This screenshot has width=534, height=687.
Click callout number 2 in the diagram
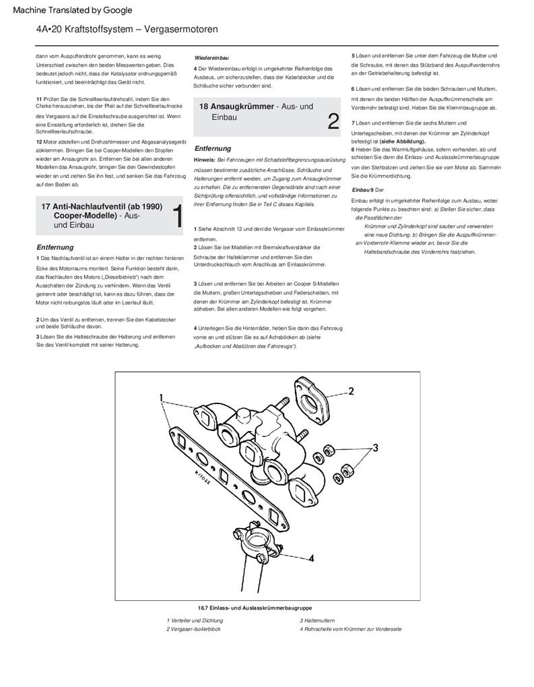(351, 391)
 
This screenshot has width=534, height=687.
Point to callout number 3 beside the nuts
(376, 447)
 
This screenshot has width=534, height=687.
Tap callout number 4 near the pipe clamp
(311, 558)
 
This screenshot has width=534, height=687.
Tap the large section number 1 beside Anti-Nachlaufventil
(177, 216)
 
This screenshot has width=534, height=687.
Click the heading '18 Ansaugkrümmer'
(236, 106)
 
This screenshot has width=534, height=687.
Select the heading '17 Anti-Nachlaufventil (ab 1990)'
(102, 206)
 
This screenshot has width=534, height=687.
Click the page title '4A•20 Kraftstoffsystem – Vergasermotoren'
(127, 30)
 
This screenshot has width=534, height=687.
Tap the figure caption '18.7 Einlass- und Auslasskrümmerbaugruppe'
(255, 608)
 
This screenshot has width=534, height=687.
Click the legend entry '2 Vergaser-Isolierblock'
(193, 629)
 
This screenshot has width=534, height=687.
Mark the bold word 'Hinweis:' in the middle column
(205, 160)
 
